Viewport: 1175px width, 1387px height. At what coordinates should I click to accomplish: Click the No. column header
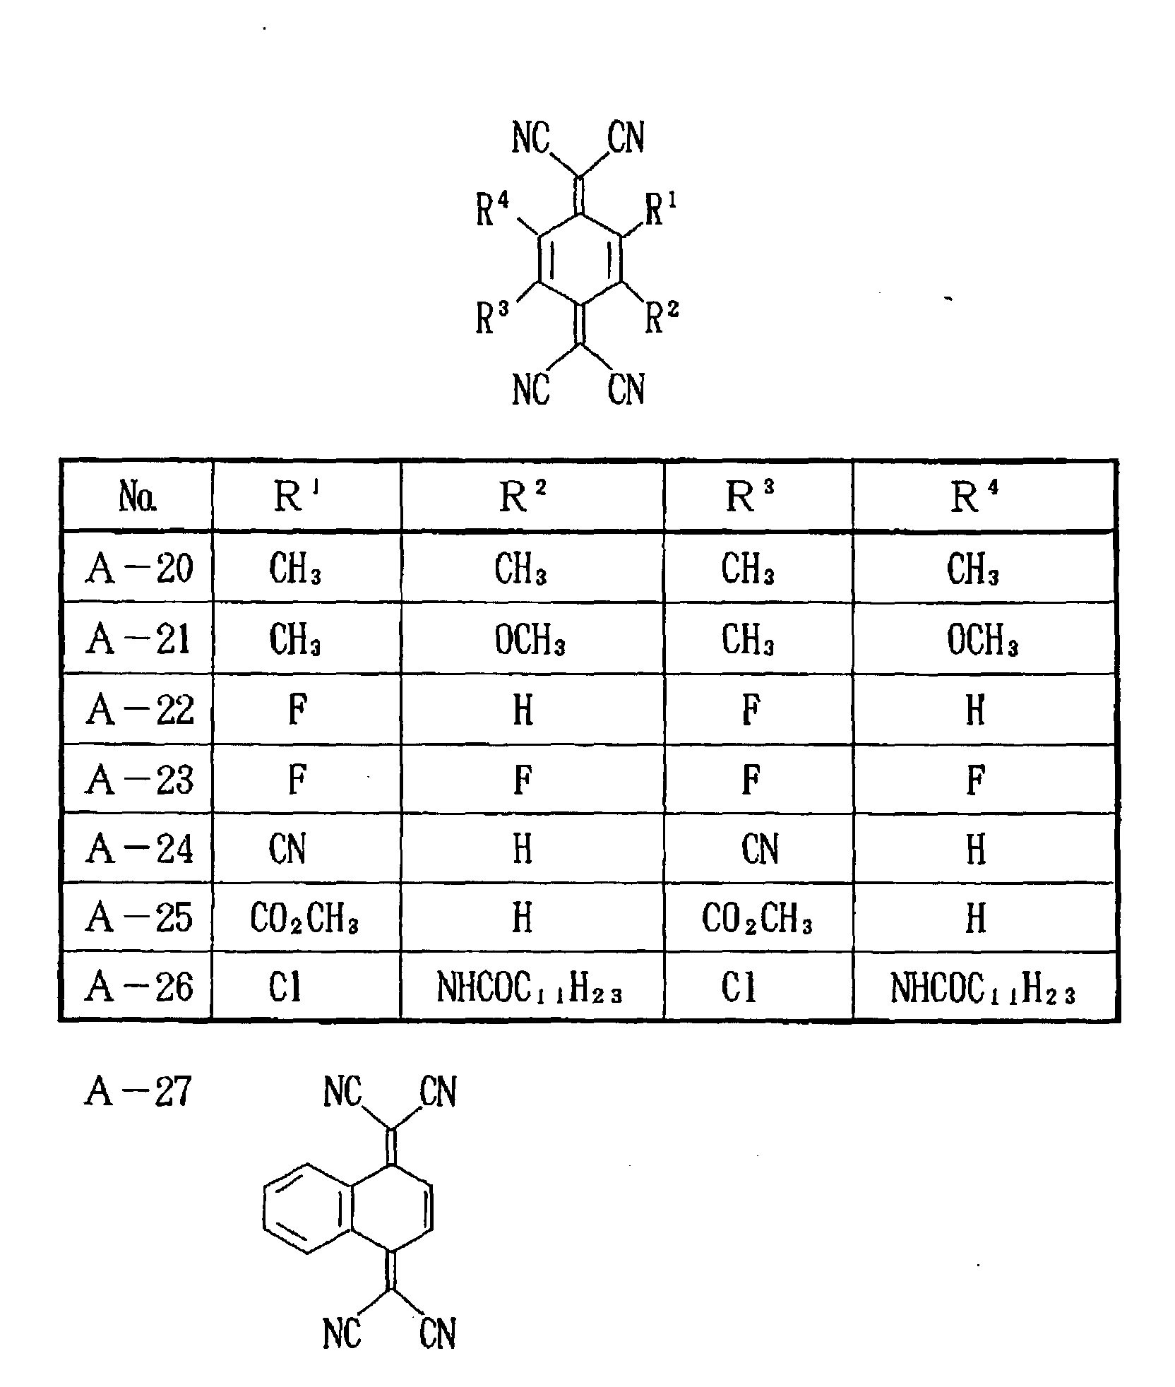138,497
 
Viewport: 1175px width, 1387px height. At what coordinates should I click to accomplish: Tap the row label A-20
139,569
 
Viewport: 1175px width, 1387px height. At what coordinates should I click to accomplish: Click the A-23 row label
139,780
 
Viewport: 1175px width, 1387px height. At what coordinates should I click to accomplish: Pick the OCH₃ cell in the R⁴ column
982,641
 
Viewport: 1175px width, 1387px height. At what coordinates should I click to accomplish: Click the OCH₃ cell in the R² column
530,641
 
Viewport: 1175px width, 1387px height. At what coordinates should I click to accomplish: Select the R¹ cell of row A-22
298,710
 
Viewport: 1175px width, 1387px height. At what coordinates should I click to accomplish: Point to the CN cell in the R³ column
760,849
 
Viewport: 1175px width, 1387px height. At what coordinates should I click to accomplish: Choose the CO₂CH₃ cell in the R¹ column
304,918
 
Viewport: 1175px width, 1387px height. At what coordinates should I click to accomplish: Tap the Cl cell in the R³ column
738,987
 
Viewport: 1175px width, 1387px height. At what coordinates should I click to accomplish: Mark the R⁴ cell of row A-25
975,918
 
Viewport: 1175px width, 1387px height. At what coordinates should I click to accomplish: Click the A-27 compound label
138,1092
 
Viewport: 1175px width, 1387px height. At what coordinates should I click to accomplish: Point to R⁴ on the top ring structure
492,210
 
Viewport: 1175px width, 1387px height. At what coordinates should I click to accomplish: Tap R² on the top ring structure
662,317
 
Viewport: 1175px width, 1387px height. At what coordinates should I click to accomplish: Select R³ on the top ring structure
492,317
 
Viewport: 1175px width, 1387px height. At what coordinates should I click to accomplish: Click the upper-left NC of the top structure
531,138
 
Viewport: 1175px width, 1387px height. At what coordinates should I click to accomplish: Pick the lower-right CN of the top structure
626,389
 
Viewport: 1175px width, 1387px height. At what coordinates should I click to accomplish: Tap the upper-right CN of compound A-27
438,1092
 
